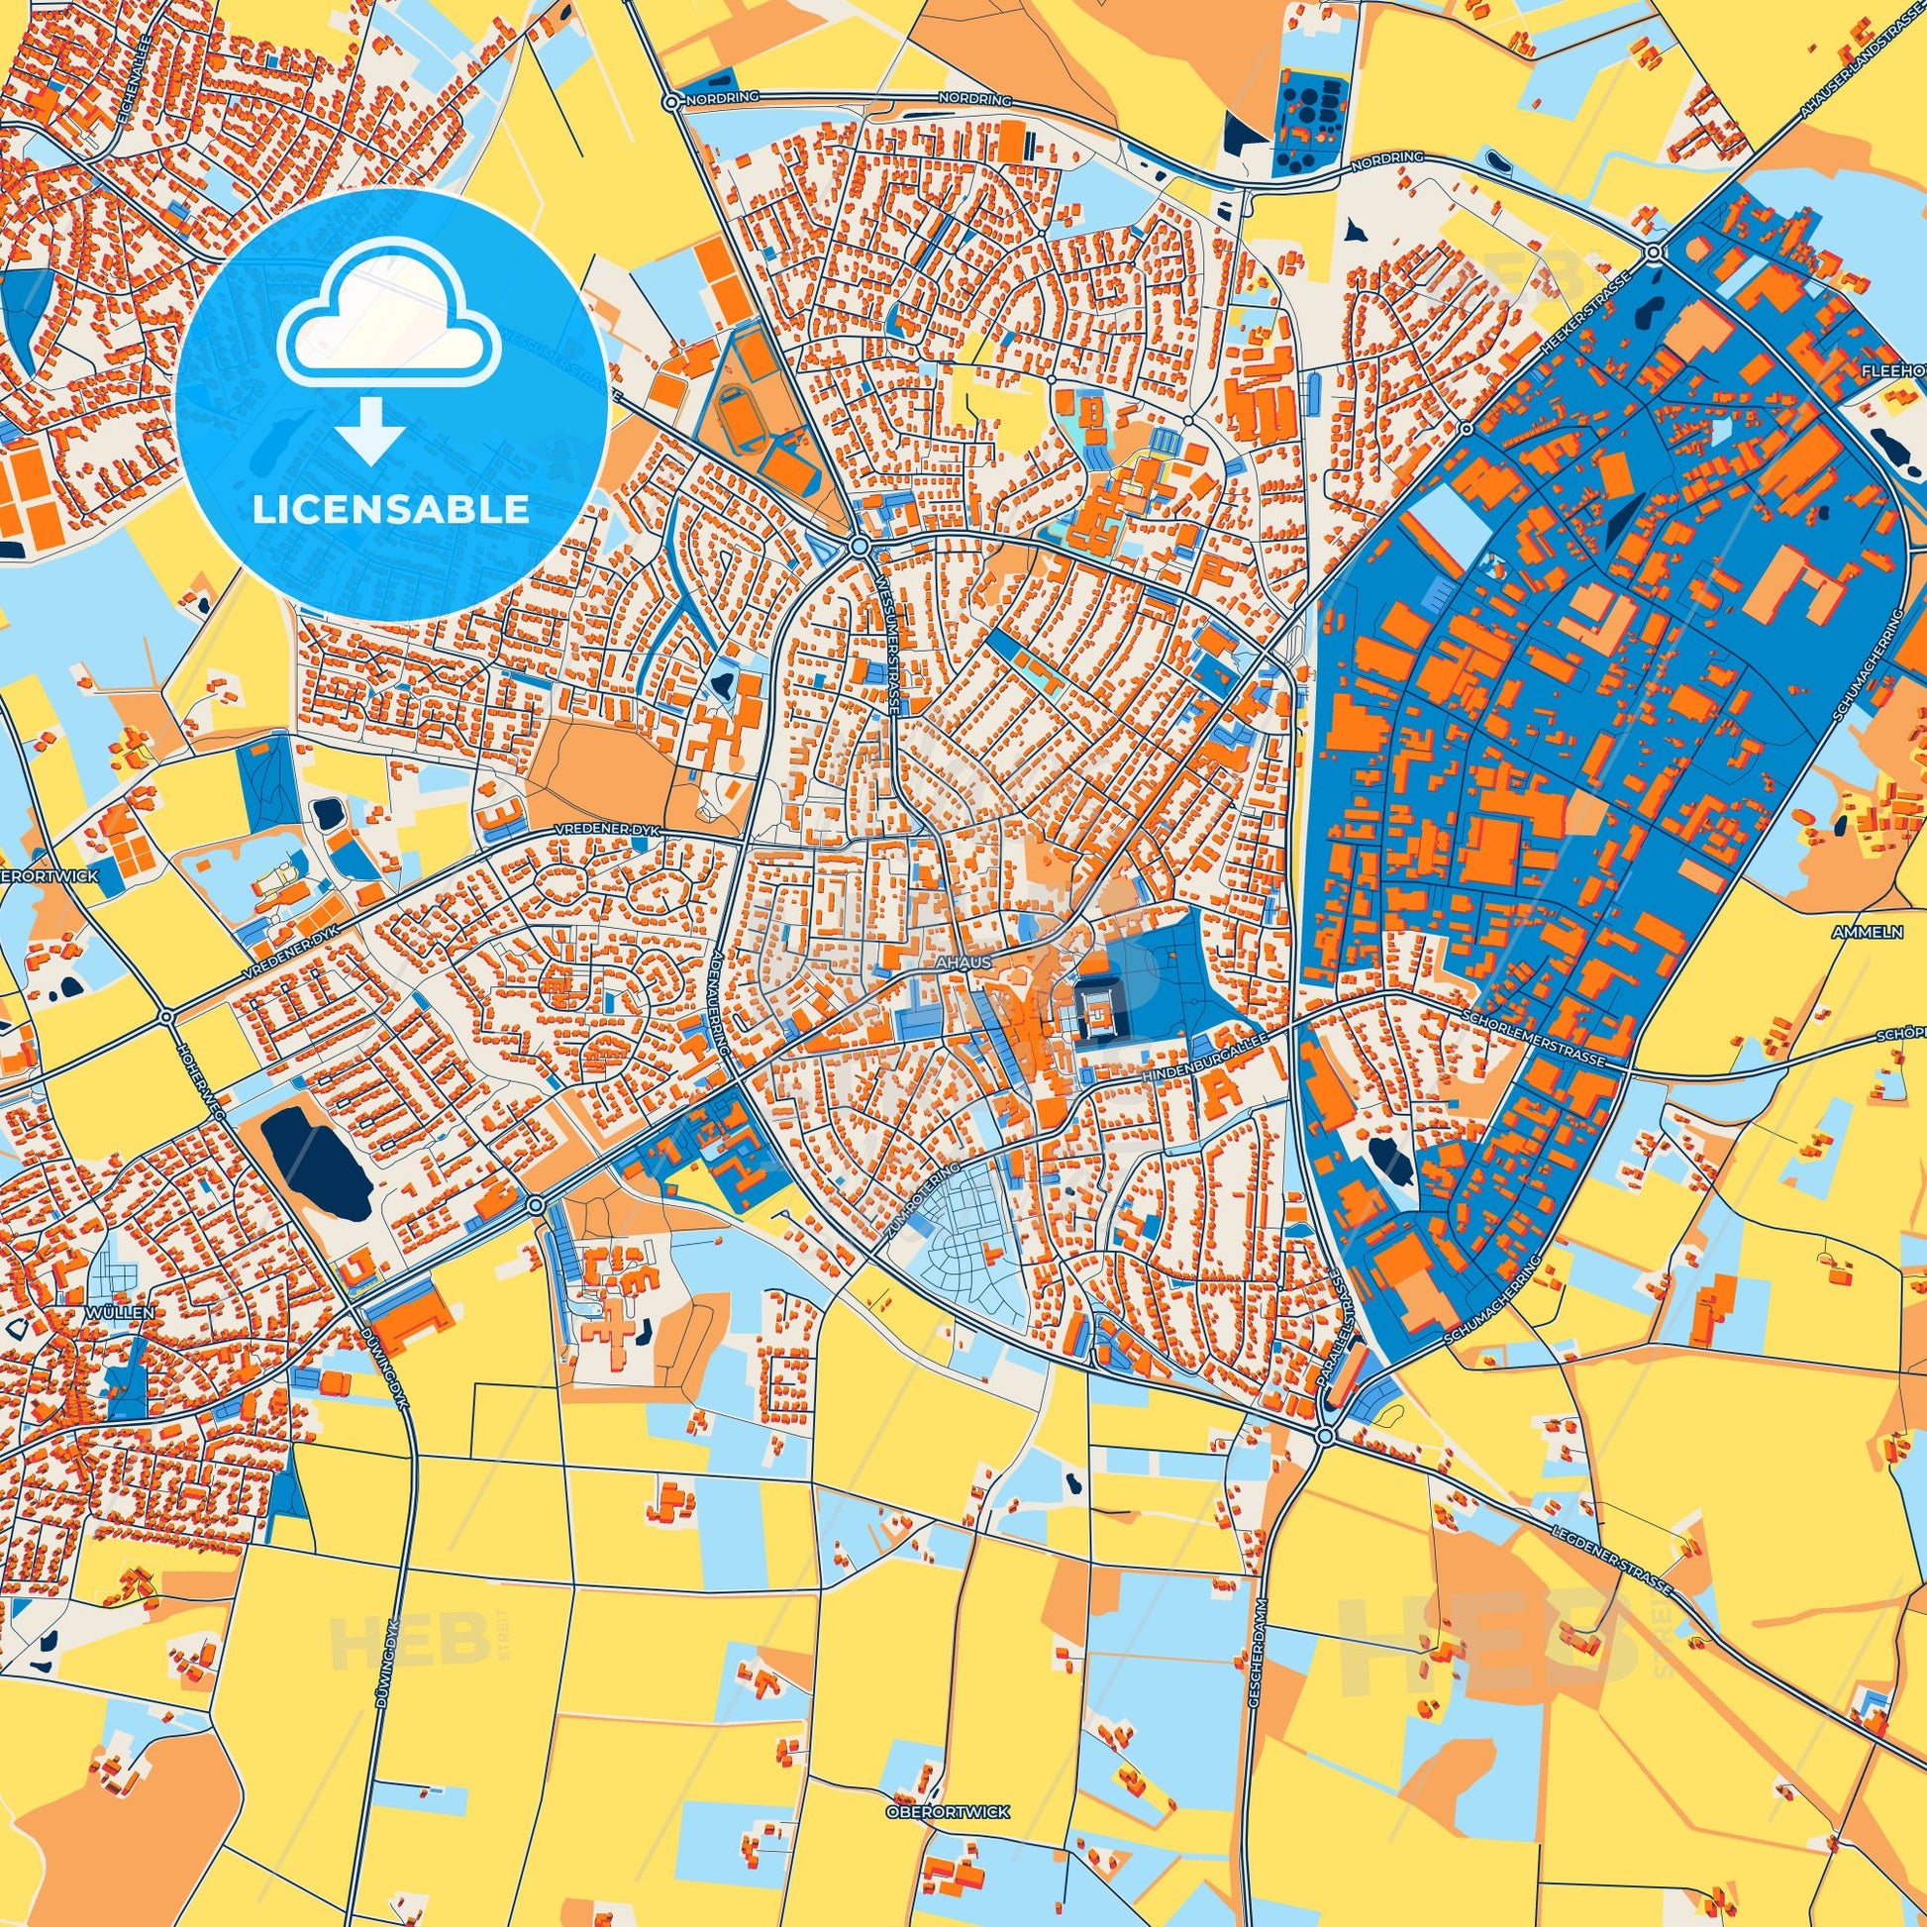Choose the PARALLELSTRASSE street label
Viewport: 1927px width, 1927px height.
point(1344,1315)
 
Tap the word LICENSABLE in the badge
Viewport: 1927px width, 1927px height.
point(390,510)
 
